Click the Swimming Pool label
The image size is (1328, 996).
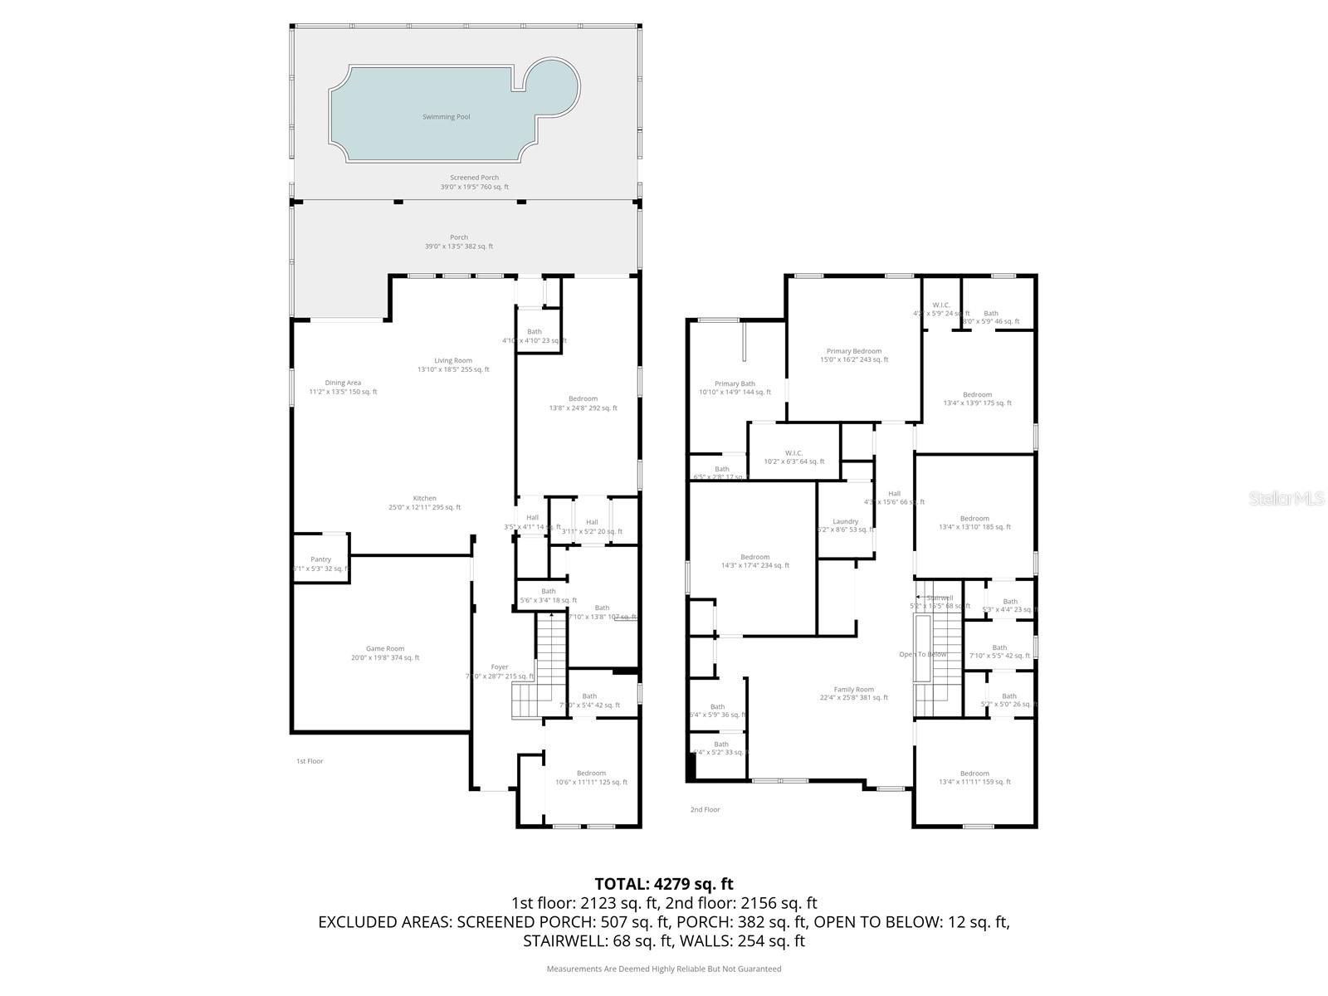446,117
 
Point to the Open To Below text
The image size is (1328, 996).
923,654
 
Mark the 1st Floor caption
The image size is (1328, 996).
310,761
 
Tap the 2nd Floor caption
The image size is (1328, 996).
705,809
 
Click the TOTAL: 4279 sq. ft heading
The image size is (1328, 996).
664,884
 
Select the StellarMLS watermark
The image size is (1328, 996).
1286,498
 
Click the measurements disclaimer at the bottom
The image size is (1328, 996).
664,969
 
